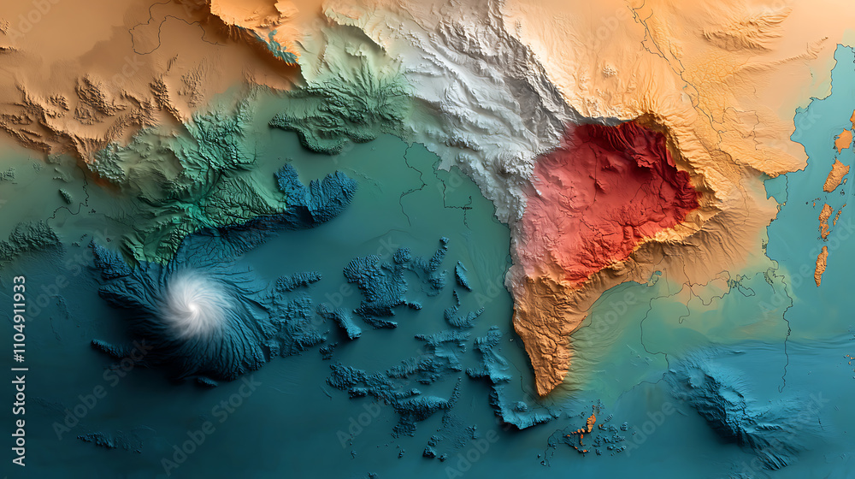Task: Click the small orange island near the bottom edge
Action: point(591,420)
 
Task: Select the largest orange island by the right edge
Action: point(835,175)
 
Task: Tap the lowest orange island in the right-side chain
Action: point(821,265)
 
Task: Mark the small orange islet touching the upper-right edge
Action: point(844,139)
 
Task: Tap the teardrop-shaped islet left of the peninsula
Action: point(463,275)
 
